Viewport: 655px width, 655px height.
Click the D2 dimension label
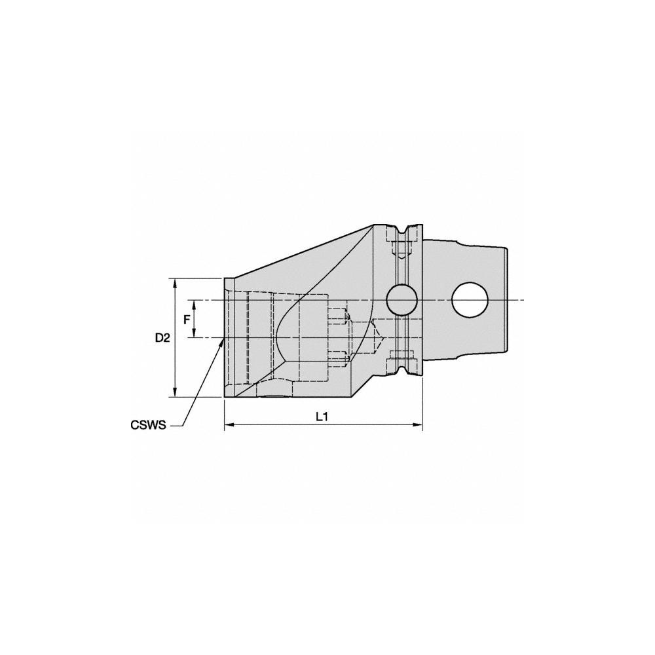point(162,338)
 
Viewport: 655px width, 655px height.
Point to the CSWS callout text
point(147,425)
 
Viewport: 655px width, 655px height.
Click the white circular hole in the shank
point(470,300)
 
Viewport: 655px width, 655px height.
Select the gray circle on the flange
point(402,300)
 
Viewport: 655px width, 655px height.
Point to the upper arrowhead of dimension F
point(195,303)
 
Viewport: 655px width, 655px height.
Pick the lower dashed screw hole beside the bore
point(337,357)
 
